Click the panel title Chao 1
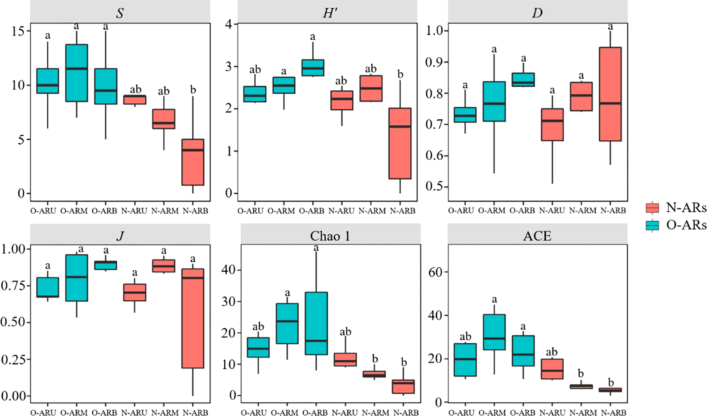point(330,236)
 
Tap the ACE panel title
point(537,236)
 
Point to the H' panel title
point(330,13)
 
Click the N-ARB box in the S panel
point(193,162)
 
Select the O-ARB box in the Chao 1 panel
point(316,323)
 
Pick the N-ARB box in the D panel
point(610,94)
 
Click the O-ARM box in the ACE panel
point(494,332)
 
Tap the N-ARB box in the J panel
point(193,318)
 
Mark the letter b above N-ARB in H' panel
point(400,74)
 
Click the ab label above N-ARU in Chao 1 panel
point(345,332)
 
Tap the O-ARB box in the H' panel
point(313,68)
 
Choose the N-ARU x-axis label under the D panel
point(552,210)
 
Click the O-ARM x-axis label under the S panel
point(74,211)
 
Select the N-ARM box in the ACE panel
point(581,387)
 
